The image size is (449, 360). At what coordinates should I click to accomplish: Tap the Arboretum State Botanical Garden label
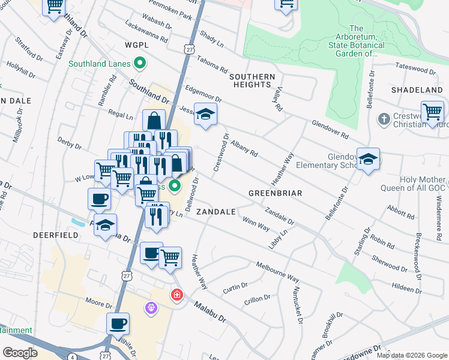click(356, 41)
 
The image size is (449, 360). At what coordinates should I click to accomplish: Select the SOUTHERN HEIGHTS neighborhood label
click(252, 80)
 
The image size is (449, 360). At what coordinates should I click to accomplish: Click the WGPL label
click(136, 46)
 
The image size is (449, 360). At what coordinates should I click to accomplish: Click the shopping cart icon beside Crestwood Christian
click(432, 112)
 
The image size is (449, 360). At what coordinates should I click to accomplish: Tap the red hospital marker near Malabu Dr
click(176, 295)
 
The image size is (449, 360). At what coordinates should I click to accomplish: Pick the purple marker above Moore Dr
click(151, 308)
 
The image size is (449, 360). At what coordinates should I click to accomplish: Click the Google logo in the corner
click(20, 353)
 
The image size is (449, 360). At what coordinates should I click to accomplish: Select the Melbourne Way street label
click(277, 271)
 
